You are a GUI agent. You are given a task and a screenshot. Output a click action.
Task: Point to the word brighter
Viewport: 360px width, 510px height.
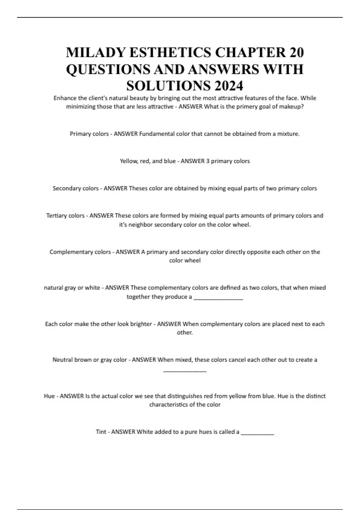(x=141, y=324)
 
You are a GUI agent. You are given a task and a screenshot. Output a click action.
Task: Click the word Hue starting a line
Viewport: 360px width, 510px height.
(x=49, y=396)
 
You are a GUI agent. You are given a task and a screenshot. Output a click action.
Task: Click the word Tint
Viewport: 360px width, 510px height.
(x=101, y=432)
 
